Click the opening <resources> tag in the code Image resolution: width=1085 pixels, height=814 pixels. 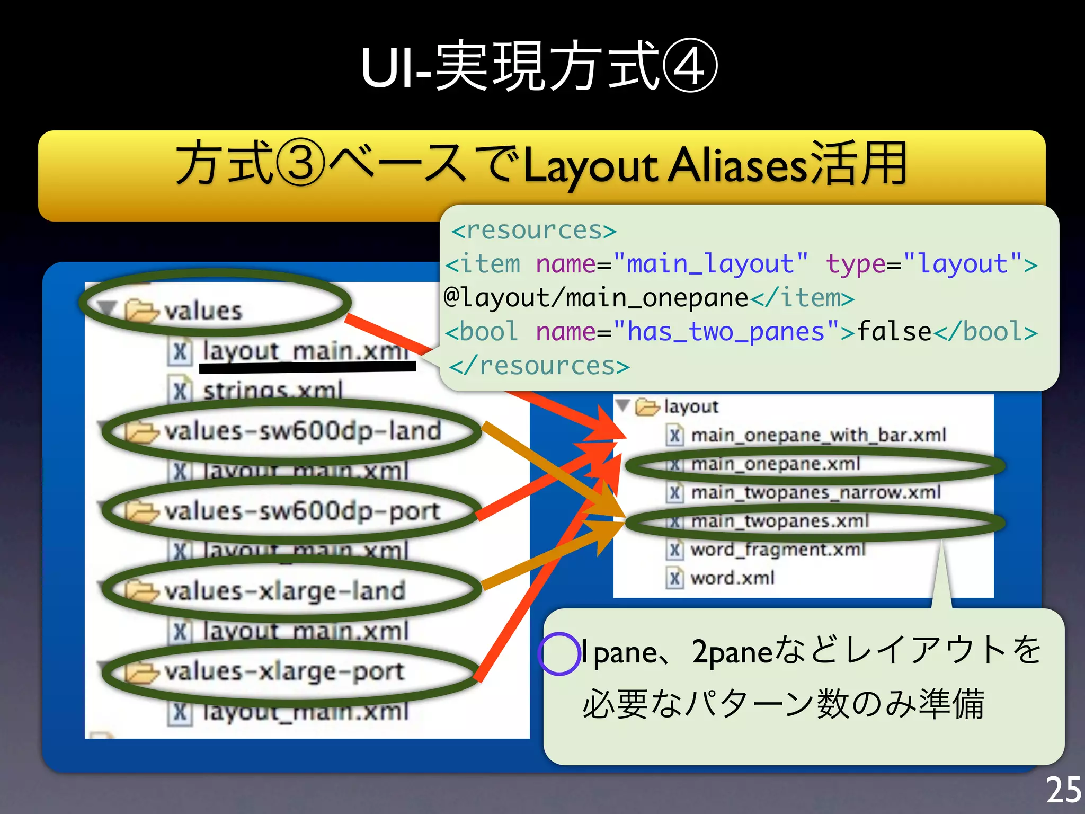[533, 231]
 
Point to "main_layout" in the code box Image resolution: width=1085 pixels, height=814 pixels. [710, 264]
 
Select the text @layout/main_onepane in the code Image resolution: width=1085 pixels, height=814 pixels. [596, 298]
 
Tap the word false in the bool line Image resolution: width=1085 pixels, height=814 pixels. [894, 332]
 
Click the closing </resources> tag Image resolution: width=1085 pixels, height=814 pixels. [539, 366]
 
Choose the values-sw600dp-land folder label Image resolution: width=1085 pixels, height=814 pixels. [303, 431]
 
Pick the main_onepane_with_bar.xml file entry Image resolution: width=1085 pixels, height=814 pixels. [818, 436]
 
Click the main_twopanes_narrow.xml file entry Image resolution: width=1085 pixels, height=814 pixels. [815, 493]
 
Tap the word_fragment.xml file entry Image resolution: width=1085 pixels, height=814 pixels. [777, 550]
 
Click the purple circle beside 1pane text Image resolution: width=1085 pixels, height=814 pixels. [559, 653]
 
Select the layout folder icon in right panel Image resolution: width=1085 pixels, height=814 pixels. [647, 407]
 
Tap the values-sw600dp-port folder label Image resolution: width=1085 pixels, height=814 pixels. [302, 511]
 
